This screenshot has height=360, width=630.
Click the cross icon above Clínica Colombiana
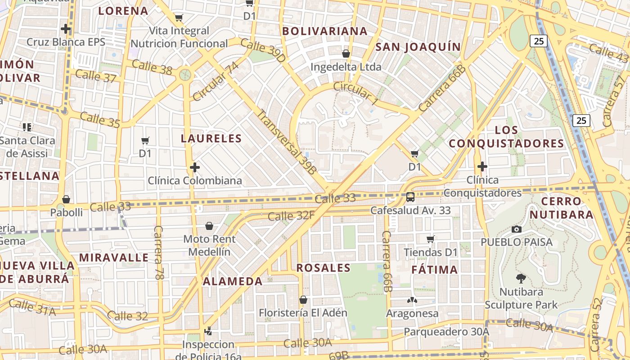point(195,167)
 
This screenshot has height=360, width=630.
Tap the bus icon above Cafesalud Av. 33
point(410,197)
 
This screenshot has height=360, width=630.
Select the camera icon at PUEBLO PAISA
point(517,229)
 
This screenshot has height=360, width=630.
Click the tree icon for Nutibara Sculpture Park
point(521,278)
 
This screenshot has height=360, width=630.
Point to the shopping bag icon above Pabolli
point(66,199)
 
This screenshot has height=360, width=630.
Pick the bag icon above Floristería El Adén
point(303,299)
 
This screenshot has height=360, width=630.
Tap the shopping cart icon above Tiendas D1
point(431,239)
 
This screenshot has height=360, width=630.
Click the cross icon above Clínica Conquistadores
point(482,166)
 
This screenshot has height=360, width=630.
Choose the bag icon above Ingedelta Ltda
point(346,54)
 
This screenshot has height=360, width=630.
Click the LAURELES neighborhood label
point(211,139)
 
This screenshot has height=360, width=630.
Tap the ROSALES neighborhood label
point(324,268)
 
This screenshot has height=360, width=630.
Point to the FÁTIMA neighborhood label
point(435,270)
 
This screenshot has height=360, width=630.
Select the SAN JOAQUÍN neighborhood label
point(418,47)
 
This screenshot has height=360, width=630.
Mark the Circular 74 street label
point(216,81)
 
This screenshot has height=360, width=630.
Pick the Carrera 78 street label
point(158,252)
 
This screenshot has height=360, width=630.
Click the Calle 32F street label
point(291,216)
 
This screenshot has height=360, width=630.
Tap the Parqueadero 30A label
point(446,332)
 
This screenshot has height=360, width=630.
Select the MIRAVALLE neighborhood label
point(114,258)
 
